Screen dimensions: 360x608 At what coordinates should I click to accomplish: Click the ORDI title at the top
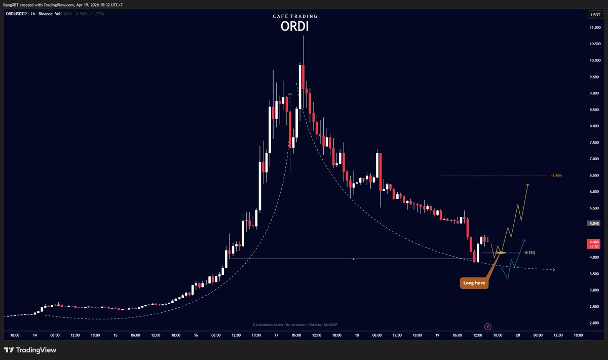coord(294,27)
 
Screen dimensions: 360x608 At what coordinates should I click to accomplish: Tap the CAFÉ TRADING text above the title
coord(295,16)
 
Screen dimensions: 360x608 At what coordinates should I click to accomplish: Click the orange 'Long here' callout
coord(474,283)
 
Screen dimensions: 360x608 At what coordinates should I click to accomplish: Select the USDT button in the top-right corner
coord(595,15)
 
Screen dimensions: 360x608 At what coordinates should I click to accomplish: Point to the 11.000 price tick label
coord(594,27)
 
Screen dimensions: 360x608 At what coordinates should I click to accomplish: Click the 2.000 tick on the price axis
coord(594,323)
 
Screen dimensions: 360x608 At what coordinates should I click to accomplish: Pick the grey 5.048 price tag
coord(594,223)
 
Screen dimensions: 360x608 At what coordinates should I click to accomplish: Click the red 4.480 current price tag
coord(594,242)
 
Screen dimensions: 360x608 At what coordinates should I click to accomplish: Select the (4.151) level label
coord(529,252)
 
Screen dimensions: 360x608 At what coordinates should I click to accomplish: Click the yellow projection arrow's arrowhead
coord(528,185)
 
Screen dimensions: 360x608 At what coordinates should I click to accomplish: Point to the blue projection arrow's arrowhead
coord(524,240)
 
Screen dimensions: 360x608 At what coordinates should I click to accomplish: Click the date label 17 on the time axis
coord(276,335)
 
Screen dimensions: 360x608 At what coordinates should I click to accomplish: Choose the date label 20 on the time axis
coord(518,335)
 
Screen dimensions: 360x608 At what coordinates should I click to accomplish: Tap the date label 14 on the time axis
coord(35,335)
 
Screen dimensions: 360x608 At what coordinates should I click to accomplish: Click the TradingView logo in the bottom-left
coord(30,350)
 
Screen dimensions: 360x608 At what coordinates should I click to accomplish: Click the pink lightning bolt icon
coord(488,327)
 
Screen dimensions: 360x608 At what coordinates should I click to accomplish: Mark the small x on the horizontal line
coord(354,259)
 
